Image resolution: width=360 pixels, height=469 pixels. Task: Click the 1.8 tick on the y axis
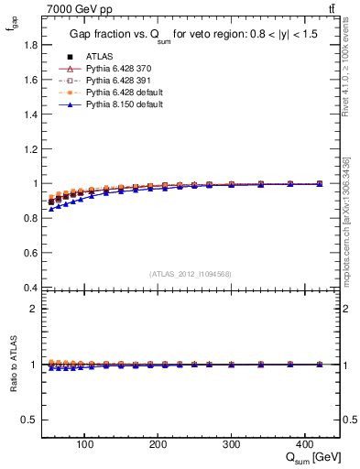(x=31, y=45)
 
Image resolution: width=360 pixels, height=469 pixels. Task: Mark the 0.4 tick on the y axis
(x=31, y=288)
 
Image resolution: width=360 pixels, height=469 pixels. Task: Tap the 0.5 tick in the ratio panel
(x=31, y=420)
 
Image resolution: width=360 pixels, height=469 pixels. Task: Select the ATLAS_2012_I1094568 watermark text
(x=191, y=273)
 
